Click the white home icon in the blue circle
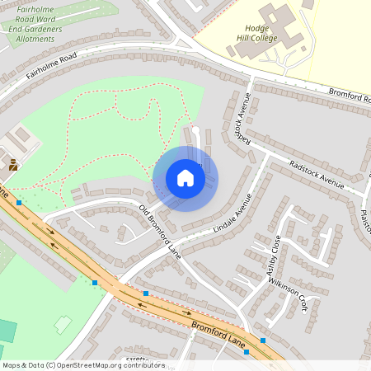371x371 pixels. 185,178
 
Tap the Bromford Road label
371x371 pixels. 350,96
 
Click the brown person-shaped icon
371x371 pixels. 13,165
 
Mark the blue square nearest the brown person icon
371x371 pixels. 18,202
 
